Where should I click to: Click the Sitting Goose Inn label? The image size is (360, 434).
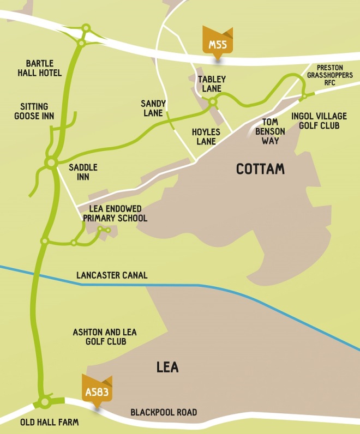34,111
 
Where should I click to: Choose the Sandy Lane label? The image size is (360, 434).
152,108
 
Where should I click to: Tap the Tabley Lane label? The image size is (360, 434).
211,84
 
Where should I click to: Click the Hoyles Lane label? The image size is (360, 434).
206,136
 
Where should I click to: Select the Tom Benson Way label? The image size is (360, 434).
271,131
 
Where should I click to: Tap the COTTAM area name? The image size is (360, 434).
260,169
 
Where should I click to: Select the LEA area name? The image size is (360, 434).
167,367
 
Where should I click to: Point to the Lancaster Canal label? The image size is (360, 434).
112,275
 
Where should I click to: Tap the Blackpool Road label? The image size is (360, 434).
164,412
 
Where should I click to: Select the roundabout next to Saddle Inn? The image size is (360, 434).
51,162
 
